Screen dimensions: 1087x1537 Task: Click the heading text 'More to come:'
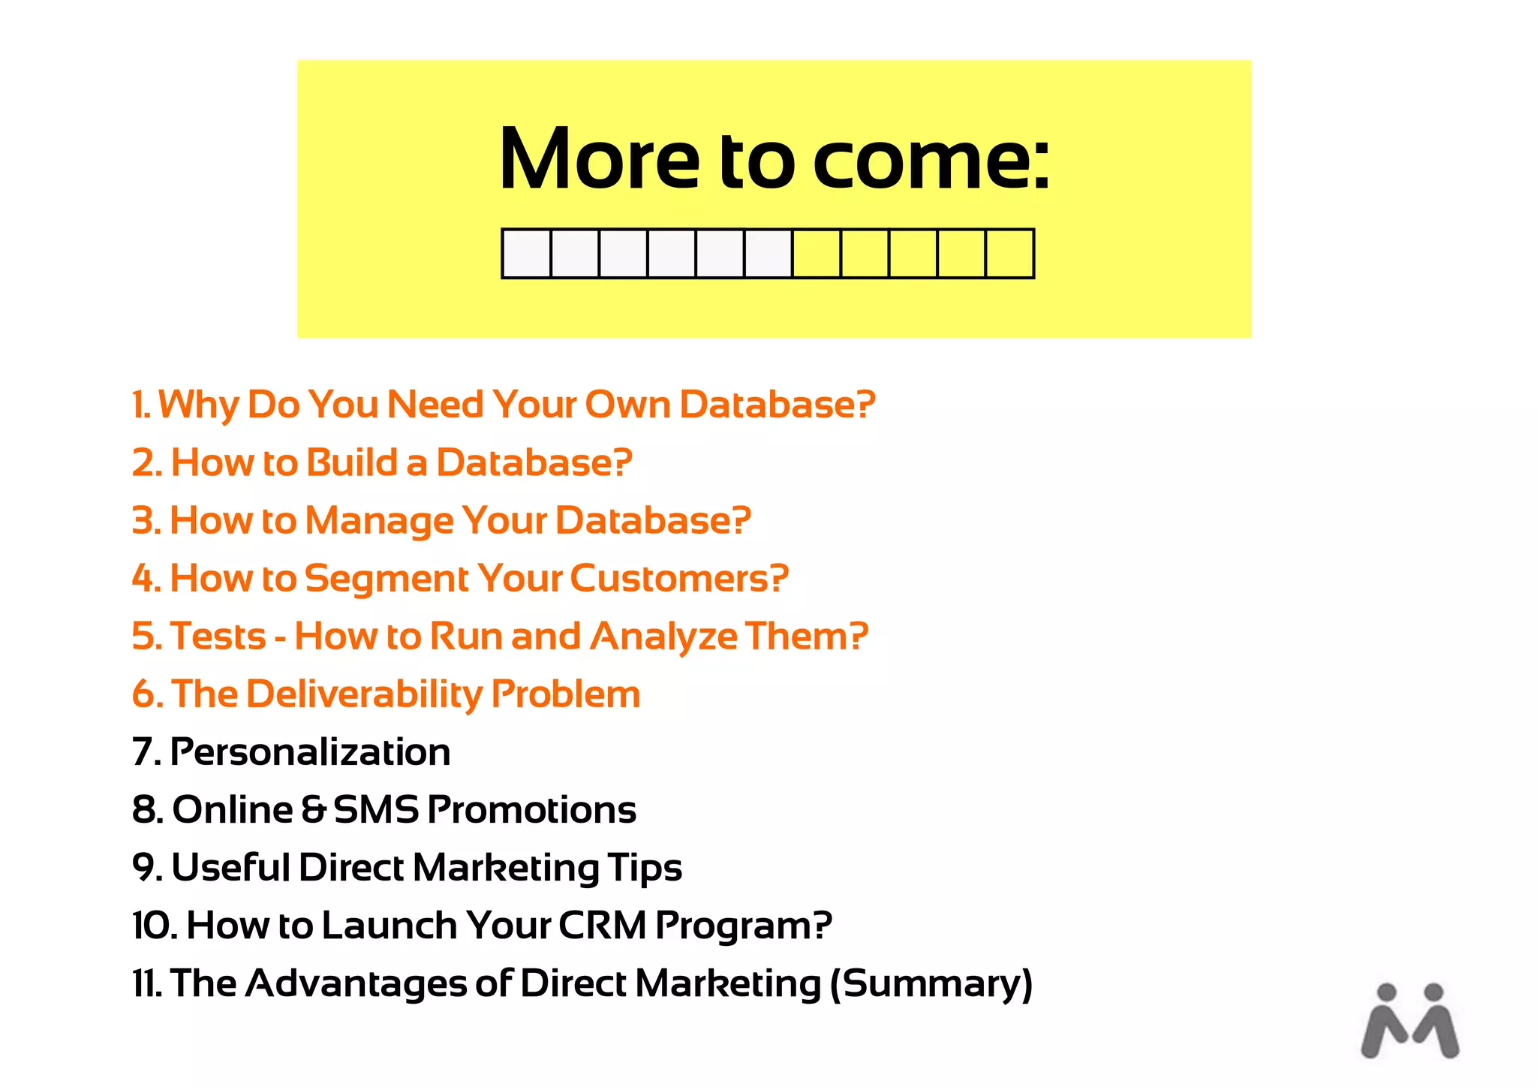click(774, 160)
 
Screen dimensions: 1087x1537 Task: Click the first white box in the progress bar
click(527, 254)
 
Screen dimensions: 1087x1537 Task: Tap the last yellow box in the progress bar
click(1009, 254)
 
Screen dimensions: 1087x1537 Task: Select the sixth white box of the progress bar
click(768, 254)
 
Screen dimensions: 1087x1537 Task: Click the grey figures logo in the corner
click(1410, 1022)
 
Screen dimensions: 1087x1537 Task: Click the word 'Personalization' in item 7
click(310, 752)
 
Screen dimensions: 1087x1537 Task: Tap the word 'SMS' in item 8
click(375, 810)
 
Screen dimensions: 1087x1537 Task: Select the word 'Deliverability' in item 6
click(364, 694)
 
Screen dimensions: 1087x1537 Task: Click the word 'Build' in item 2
click(352, 463)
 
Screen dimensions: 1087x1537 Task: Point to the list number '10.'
click(155, 926)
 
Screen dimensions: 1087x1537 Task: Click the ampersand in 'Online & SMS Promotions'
click(314, 810)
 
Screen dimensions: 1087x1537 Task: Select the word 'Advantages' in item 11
click(356, 984)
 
